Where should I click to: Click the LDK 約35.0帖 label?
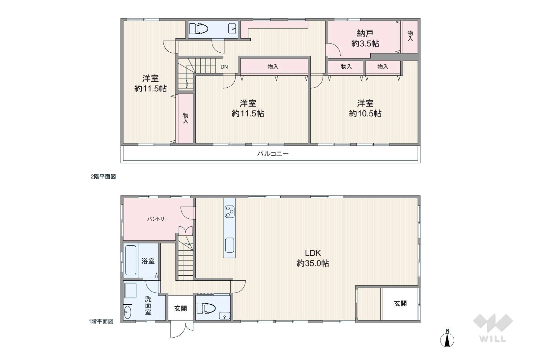[x=313, y=258]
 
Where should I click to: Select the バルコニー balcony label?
[x=273, y=154]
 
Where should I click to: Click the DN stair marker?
[x=224, y=67]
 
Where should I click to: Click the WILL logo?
[x=493, y=328]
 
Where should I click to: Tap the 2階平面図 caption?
[x=103, y=177]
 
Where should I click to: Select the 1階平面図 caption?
[x=101, y=321]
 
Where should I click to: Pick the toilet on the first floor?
[x=206, y=308]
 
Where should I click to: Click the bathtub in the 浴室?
[x=131, y=260]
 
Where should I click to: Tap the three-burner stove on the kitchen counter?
[x=230, y=211]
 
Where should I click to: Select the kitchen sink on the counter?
[x=230, y=245]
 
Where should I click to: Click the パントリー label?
[x=158, y=219]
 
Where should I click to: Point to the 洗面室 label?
[x=148, y=306]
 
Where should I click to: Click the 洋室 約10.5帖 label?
[x=365, y=108]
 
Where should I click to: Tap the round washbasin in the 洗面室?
[x=128, y=312]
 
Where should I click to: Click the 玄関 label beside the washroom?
[x=181, y=308]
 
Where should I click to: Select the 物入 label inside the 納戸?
[x=410, y=36]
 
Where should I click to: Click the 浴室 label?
[x=148, y=261]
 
